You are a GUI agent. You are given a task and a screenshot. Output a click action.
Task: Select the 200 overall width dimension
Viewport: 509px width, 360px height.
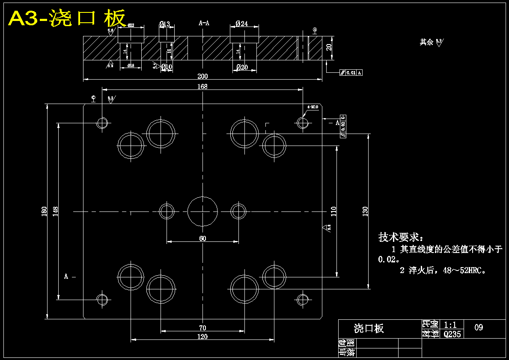point(202,76)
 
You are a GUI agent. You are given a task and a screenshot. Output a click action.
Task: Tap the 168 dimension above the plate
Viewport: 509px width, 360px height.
point(202,86)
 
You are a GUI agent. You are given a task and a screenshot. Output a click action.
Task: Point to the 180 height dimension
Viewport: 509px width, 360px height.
point(44,211)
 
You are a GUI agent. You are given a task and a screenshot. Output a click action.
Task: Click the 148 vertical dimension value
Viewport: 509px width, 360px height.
point(56,211)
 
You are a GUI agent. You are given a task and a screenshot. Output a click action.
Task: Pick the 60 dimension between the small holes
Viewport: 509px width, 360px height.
point(202,238)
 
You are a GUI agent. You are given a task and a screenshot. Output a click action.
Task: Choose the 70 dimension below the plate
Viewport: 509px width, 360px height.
point(202,328)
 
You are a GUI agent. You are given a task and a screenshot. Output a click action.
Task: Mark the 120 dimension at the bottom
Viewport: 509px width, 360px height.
point(202,337)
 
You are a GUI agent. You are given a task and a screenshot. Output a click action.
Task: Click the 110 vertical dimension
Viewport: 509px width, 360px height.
point(334,211)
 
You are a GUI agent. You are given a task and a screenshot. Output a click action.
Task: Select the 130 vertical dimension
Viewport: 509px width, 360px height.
point(365,211)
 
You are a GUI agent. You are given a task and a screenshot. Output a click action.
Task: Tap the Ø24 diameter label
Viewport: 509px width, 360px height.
point(242,24)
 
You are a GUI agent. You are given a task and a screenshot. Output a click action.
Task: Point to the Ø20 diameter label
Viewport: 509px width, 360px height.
point(242,67)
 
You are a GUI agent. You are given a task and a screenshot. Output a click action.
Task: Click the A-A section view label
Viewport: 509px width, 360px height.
point(204,24)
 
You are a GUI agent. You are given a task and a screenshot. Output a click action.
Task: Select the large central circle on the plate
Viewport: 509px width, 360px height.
point(202,211)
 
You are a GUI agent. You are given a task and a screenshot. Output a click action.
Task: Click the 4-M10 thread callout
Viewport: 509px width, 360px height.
point(313,107)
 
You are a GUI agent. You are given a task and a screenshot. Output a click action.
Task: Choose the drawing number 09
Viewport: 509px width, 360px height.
point(479,327)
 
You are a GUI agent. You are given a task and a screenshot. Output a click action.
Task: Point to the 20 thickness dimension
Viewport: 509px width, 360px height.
point(329,47)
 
